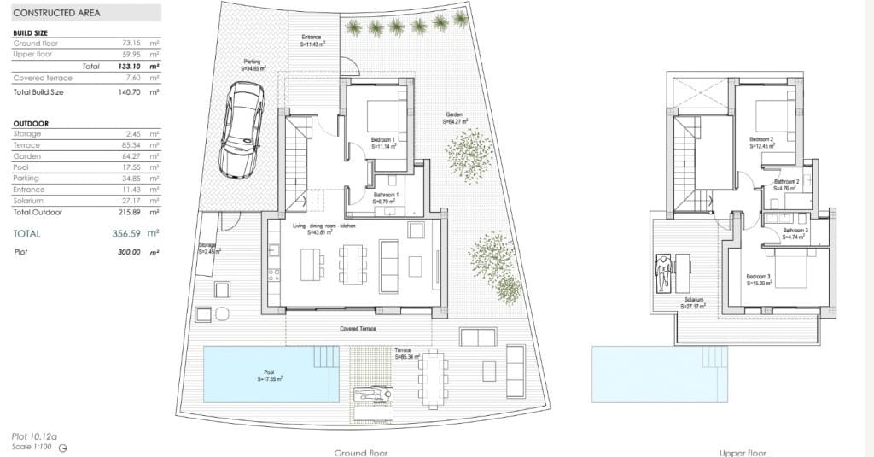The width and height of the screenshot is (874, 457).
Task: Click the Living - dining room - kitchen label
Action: tap(323, 226)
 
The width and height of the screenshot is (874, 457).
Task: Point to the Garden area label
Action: tap(455, 118)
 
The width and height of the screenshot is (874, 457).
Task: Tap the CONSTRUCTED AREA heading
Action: tap(58, 13)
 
